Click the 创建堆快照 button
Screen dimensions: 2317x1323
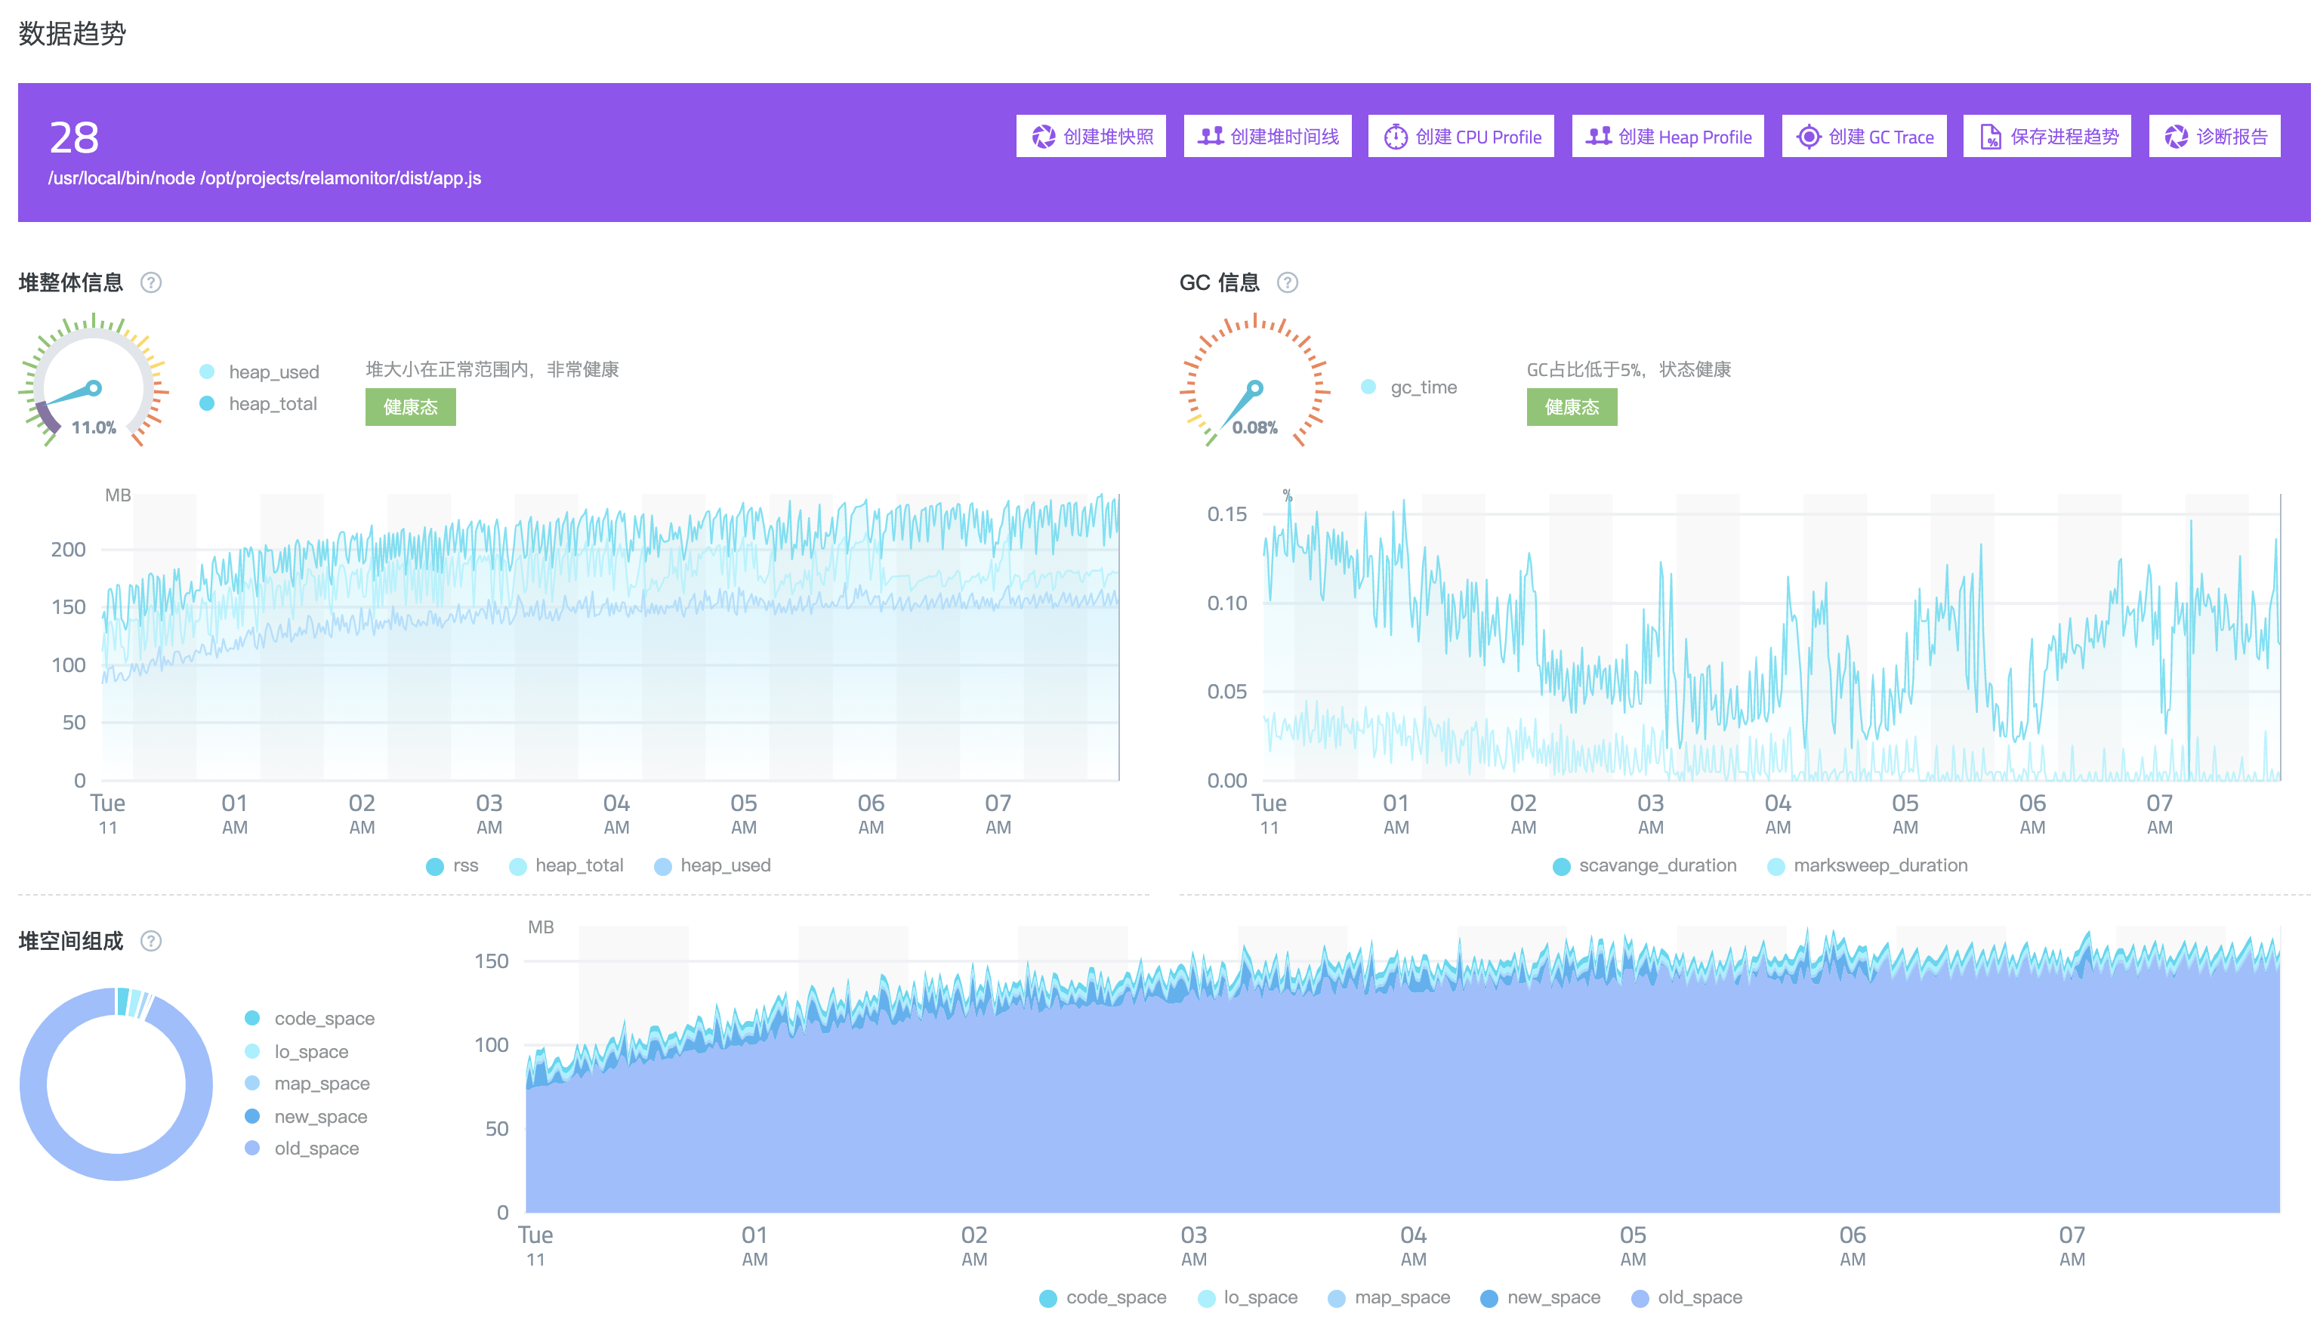tap(1091, 136)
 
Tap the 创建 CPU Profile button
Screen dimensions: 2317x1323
tap(1461, 136)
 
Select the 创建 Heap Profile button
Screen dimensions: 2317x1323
tap(1668, 136)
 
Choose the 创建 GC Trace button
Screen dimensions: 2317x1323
tap(1864, 136)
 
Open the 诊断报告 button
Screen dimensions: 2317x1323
tap(2214, 136)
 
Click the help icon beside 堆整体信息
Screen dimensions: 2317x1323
tap(151, 282)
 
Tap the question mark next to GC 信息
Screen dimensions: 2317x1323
tap(1287, 282)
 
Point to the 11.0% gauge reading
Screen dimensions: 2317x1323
tap(94, 427)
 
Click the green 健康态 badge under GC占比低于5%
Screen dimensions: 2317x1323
tap(1571, 407)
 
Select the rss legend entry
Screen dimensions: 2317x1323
tap(452, 866)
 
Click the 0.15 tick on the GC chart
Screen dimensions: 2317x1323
tap(1226, 514)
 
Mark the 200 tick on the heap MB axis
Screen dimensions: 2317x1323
tap(68, 550)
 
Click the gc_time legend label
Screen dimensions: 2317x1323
tap(1423, 387)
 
